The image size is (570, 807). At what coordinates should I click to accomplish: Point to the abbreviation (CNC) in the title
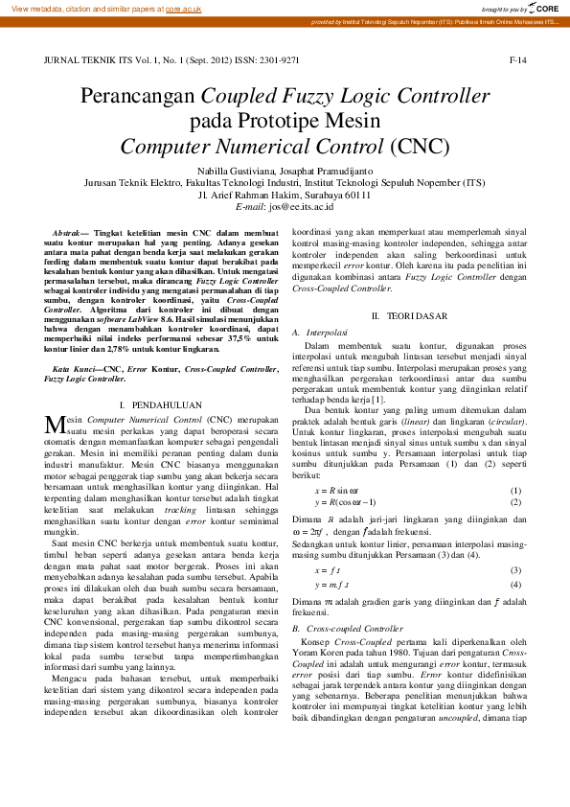420,147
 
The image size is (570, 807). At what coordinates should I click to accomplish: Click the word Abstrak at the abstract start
66,234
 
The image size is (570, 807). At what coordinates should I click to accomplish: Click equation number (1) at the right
515,491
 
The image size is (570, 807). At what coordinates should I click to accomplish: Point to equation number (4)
515,584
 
